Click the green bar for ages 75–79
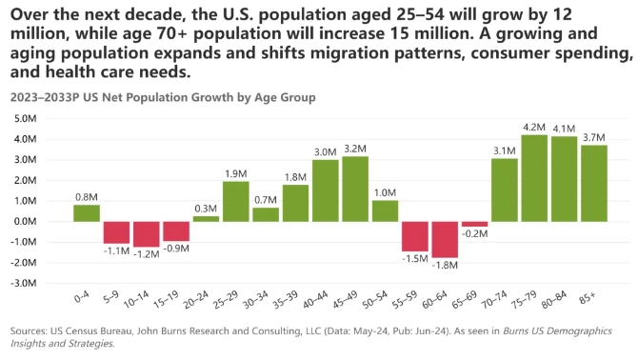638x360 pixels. point(534,178)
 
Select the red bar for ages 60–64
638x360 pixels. point(445,240)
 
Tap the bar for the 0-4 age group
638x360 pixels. point(87,213)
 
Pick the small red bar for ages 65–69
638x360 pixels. point(474,224)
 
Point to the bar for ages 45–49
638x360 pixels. point(355,189)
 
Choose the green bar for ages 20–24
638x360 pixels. point(206,219)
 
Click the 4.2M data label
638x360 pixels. point(534,128)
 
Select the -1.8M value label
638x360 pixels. point(445,265)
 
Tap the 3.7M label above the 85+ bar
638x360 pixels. point(594,137)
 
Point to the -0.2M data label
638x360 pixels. point(474,233)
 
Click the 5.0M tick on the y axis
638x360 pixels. point(25,119)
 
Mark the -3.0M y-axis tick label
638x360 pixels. point(24,283)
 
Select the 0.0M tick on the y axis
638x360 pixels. point(25,222)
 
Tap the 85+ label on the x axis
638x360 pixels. point(587,299)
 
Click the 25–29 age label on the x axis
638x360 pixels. point(226,300)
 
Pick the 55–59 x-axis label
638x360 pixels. point(405,300)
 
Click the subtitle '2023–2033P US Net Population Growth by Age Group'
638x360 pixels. point(163,98)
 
